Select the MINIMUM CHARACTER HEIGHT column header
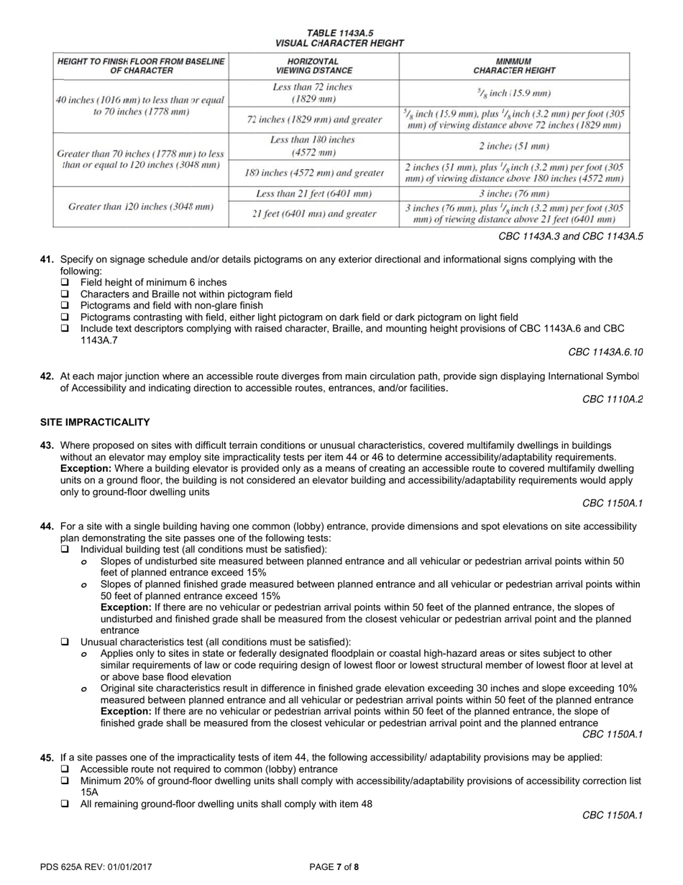[x=514, y=66]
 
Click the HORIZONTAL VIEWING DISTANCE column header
[x=313, y=66]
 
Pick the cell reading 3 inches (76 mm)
[x=514, y=194]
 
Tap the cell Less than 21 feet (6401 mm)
[x=313, y=194]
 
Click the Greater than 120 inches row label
[x=141, y=206]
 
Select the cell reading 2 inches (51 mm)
[x=514, y=146]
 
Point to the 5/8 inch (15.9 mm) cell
[x=514, y=93]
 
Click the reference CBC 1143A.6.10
[x=605, y=352]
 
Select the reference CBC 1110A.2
[x=612, y=399]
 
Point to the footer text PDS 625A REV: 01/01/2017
[x=96, y=867]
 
